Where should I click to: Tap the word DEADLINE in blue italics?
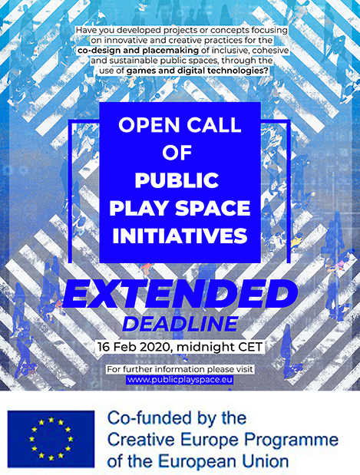coord(180,324)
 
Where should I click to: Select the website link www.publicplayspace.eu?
coord(180,380)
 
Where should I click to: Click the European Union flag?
coord(51,439)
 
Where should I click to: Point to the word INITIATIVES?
coord(180,236)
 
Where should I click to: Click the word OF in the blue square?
coord(177,153)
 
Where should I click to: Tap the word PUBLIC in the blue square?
coord(177,180)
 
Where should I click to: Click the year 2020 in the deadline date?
coord(154,347)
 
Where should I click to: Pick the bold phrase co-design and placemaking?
coord(138,51)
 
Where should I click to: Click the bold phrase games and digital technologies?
coord(197,71)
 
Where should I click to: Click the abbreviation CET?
coord(250,347)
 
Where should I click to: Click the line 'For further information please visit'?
coord(180,369)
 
